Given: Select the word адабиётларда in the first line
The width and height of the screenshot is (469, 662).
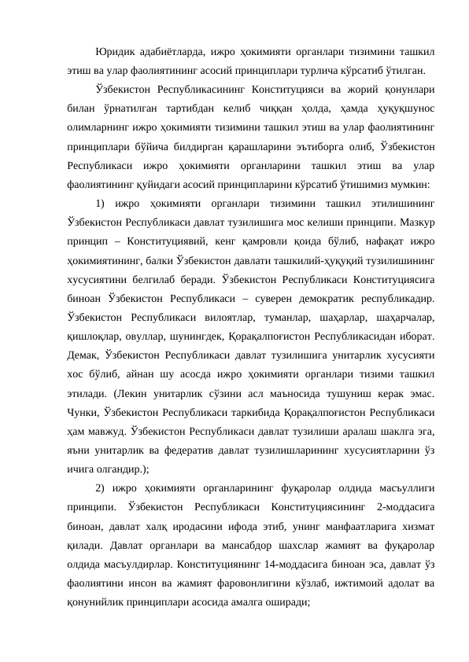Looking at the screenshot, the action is (x=170, y=53).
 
